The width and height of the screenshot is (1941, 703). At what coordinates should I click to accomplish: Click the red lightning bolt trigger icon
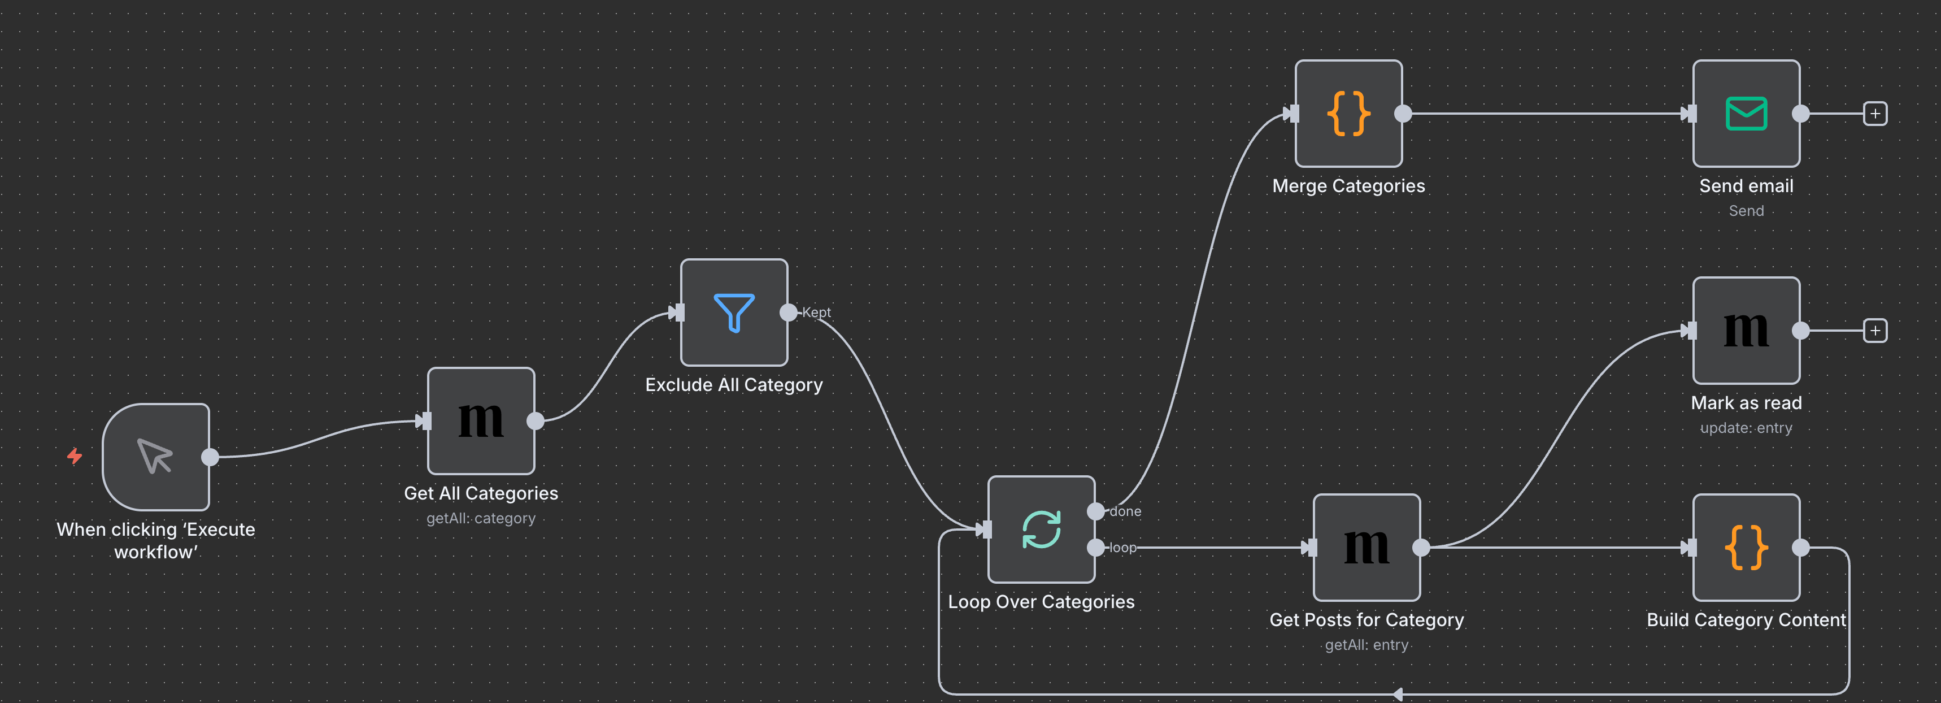coord(75,456)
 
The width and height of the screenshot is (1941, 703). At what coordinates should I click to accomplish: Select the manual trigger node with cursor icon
coord(156,457)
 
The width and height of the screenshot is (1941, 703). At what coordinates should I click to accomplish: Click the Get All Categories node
coord(481,420)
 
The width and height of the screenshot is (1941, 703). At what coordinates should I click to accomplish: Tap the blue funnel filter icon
coord(734,312)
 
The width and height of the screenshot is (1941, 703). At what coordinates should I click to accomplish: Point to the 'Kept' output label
coord(816,312)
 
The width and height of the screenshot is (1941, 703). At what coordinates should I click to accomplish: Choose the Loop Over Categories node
coord(1041,529)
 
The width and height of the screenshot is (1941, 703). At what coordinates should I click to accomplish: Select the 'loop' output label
coord(1122,548)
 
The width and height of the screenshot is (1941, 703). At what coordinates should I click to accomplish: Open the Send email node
coord(1746,113)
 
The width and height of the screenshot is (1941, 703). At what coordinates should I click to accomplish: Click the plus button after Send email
coord(1875,114)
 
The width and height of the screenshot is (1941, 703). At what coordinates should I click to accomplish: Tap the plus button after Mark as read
coord(1875,331)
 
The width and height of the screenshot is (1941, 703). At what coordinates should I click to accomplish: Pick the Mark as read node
coord(1746,330)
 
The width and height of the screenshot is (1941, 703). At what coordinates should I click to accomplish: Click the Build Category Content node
coord(1746,547)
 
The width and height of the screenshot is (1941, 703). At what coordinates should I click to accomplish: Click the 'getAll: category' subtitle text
coord(481,518)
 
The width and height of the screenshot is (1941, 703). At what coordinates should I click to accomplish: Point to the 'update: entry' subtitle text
coord(1746,428)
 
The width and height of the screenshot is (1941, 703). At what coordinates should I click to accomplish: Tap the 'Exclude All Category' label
coord(734,385)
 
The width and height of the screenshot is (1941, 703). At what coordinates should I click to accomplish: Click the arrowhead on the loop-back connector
coord(1397,694)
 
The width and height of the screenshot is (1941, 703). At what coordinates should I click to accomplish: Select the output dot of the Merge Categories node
coord(1403,114)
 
